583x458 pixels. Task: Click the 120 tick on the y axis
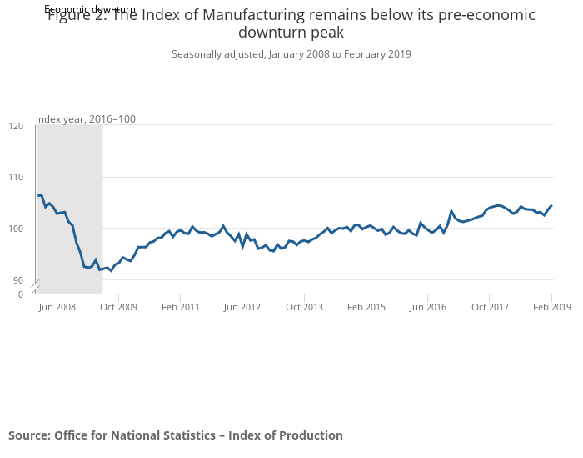(x=16, y=126)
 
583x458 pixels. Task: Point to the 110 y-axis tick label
(x=16, y=178)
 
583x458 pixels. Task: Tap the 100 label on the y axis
(x=16, y=229)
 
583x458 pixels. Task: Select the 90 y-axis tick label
(x=18, y=280)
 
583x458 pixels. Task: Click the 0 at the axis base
(x=21, y=294)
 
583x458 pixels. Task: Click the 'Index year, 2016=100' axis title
(x=86, y=119)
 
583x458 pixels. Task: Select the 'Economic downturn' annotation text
(x=90, y=9)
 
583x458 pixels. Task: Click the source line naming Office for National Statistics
(x=176, y=435)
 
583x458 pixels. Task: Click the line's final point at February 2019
(x=551, y=205)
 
